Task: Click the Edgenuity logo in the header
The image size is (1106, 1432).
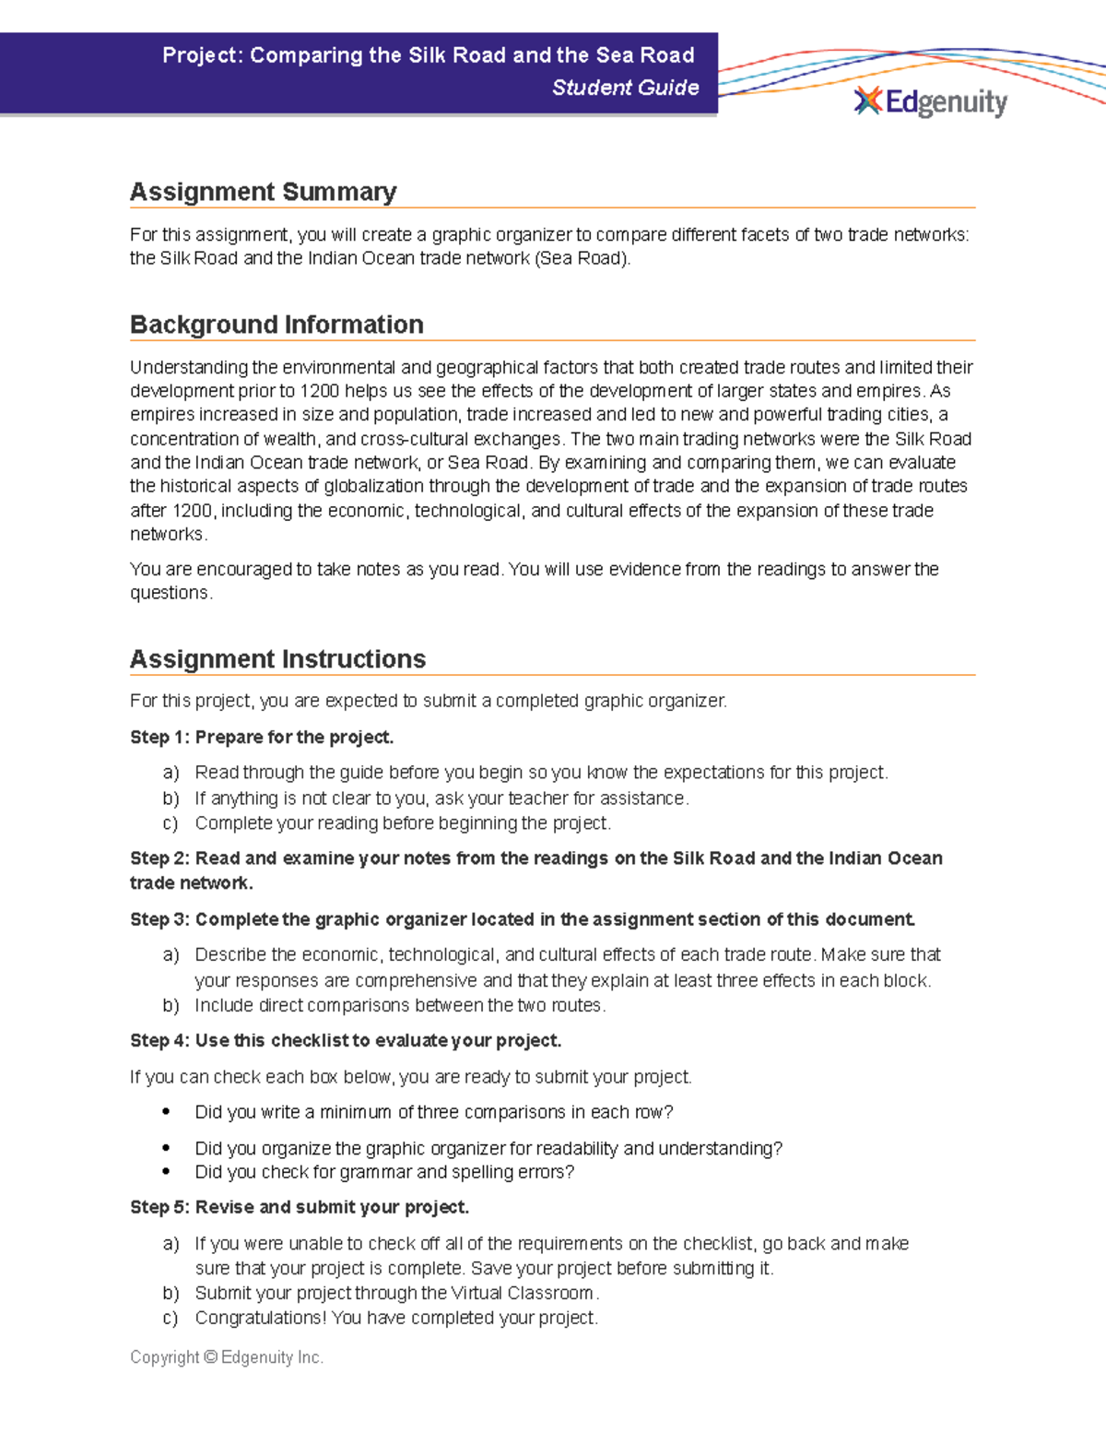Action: [x=931, y=101]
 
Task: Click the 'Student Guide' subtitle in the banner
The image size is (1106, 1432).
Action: [x=625, y=88]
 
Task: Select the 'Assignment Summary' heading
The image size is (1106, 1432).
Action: [x=263, y=192]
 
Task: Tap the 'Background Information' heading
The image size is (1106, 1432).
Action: [x=276, y=325]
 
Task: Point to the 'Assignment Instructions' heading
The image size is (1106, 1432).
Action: [x=277, y=659]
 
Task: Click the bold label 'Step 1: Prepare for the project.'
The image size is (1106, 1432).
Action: [x=262, y=738]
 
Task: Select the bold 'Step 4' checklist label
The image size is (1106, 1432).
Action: [x=346, y=1041]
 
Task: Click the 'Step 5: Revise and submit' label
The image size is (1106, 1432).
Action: [x=300, y=1208]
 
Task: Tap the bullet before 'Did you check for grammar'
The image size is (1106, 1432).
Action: [x=166, y=1172]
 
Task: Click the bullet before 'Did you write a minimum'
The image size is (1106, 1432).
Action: [x=166, y=1112]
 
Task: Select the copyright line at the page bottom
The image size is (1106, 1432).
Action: [x=227, y=1357]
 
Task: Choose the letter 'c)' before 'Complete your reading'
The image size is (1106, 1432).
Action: [x=170, y=823]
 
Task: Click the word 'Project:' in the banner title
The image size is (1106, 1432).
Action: [x=203, y=55]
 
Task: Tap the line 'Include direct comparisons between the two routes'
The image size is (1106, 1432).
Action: [x=400, y=1005]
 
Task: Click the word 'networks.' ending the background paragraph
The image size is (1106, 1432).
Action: [x=169, y=535]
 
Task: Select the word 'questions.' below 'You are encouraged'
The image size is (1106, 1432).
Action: [x=171, y=593]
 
